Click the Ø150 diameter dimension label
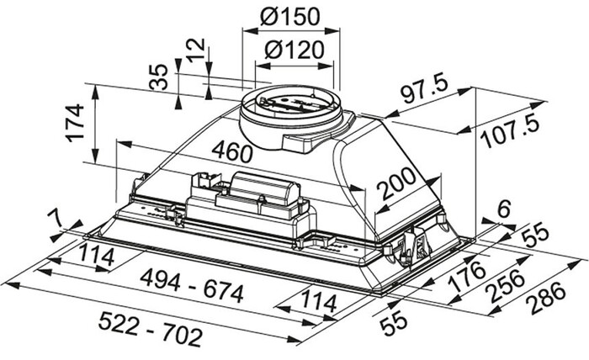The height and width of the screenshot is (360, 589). pos(290,16)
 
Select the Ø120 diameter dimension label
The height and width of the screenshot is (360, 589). pos(294,50)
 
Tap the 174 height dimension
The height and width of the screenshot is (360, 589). pos(75,123)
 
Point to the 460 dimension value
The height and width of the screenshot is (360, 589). pos(231,151)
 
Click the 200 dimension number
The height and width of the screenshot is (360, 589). pos(397,183)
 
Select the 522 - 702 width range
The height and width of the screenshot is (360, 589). pos(151,330)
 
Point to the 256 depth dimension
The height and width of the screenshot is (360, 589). pos(506,285)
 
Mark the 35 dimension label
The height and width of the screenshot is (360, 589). pos(158,77)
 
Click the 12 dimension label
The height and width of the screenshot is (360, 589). pos(196,50)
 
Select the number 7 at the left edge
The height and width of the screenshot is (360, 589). pos(56,219)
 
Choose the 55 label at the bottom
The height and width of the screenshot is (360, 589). pos(393,323)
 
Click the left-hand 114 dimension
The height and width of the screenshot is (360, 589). pos(97,256)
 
